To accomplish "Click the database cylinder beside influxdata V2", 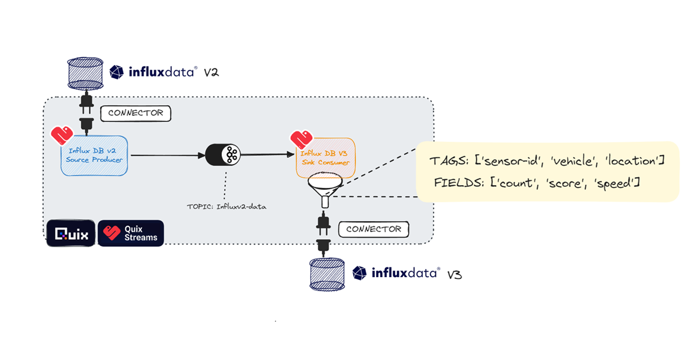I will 86,73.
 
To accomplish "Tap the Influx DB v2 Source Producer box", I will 94,155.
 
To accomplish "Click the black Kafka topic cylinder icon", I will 224,154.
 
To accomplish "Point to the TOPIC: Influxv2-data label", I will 226,206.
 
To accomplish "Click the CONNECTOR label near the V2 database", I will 135,113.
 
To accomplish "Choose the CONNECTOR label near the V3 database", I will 374,230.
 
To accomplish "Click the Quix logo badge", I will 71,234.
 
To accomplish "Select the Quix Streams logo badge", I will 131,234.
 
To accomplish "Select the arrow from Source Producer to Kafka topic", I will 166,154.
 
